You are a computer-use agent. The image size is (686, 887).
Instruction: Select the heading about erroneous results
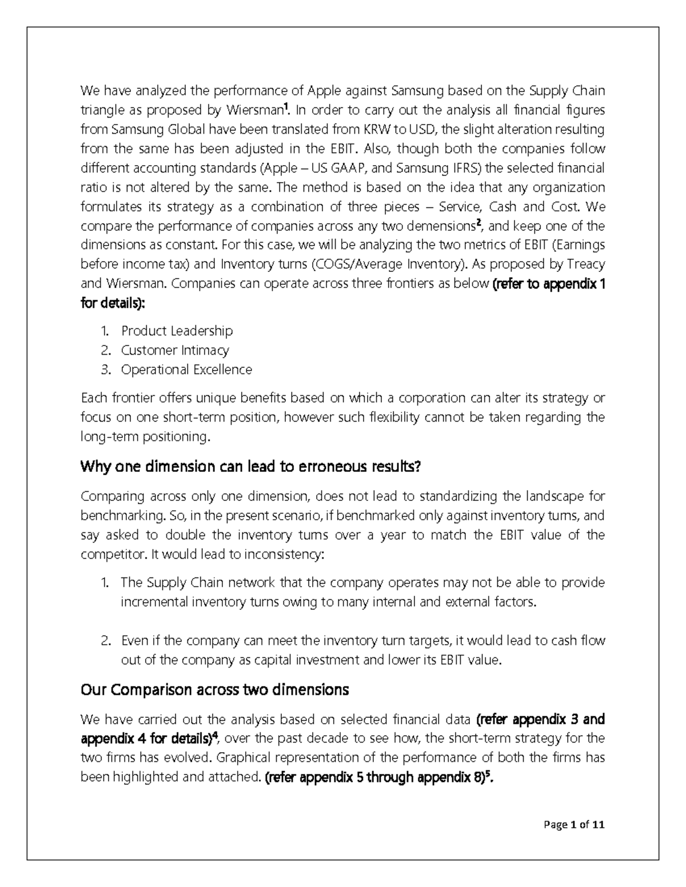[x=250, y=467]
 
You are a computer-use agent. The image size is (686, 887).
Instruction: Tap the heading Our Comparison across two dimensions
[x=214, y=690]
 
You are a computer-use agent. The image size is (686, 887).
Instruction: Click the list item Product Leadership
[x=177, y=331]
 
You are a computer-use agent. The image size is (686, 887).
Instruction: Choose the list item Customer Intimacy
[x=174, y=350]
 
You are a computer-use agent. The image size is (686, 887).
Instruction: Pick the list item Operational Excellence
[x=186, y=370]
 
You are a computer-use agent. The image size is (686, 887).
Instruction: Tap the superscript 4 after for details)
[x=215, y=735]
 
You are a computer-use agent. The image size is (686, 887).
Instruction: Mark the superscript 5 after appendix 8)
[x=487, y=774]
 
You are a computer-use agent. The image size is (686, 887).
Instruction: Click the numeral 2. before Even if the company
[x=105, y=641]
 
